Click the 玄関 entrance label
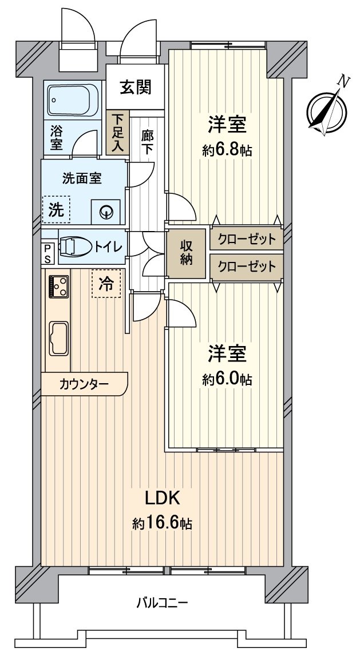click(x=136, y=87)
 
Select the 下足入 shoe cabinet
click(x=117, y=133)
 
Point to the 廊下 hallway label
click(x=148, y=141)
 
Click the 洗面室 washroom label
click(x=82, y=178)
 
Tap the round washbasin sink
click(x=106, y=212)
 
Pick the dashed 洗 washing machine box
click(x=56, y=209)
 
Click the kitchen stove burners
click(x=58, y=286)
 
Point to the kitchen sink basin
click(x=58, y=338)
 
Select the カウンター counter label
click(x=84, y=384)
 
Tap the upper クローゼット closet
click(x=247, y=239)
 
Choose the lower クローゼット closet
click(x=247, y=267)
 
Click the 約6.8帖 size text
click(x=227, y=150)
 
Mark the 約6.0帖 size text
click(x=227, y=380)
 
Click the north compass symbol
click(x=327, y=109)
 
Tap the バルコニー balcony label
click(x=162, y=602)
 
